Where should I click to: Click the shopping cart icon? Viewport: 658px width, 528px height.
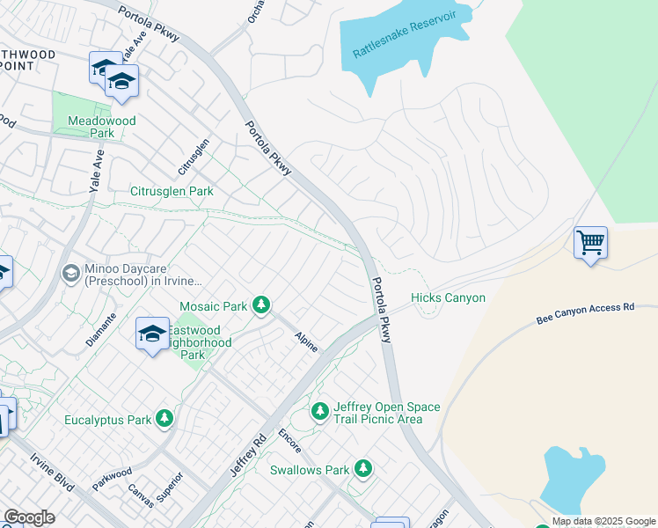pyautogui.click(x=590, y=241)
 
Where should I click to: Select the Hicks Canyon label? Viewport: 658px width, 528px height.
pyautogui.click(x=448, y=298)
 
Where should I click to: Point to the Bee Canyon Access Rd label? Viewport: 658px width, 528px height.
pyautogui.click(x=585, y=312)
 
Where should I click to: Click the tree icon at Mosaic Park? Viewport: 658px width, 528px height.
pyautogui.click(x=260, y=305)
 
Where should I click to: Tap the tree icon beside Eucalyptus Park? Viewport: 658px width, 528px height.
pyautogui.click(x=164, y=419)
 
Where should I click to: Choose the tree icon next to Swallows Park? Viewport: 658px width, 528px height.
pyautogui.click(x=362, y=469)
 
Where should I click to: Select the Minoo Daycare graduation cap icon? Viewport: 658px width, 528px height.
pyautogui.click(x=69, y=274)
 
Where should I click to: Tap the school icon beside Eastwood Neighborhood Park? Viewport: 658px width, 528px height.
pyautogui.click(x=151, y=334)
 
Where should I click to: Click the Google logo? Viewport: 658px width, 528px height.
pyautogui.click(x=29, y=517)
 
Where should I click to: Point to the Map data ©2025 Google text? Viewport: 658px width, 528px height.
pyautogui.click(x=603, y=521)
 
